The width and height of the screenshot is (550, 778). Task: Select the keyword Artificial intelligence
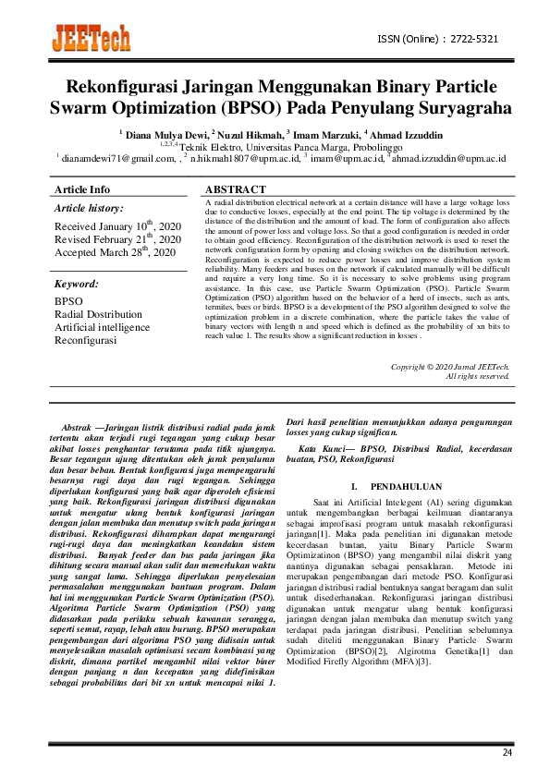click(x=102, y=327)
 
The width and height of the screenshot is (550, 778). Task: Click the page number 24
click(x=507, y=753)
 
